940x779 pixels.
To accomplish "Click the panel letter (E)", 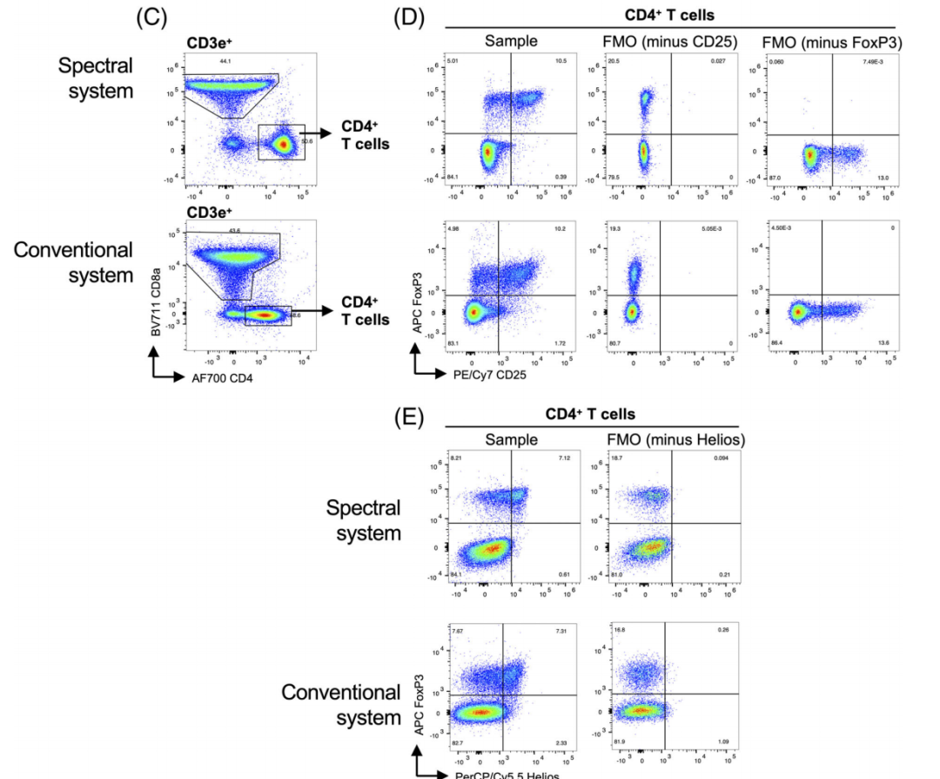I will click(411, 418).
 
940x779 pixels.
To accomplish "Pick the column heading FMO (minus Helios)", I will click(675, 440).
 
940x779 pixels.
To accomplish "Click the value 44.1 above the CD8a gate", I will click(225, 61).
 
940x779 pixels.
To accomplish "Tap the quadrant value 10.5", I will click(561, 61).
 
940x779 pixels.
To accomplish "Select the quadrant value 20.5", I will click(614, 61).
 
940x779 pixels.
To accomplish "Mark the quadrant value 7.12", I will click(561, 457).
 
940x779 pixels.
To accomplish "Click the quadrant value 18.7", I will click(616, 457).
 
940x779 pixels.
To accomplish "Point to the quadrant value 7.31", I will click(561, 631).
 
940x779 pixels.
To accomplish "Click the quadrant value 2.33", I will click(561, 742).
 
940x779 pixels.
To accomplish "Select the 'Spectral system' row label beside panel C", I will click(97, 77).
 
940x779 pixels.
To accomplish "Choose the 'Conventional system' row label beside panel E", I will click(341, 705).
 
